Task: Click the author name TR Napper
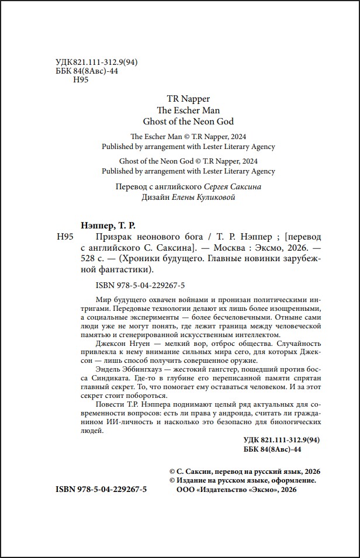coord(185,99)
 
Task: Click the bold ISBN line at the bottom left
coord(101,490)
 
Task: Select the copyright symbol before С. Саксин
coord(172,471)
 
